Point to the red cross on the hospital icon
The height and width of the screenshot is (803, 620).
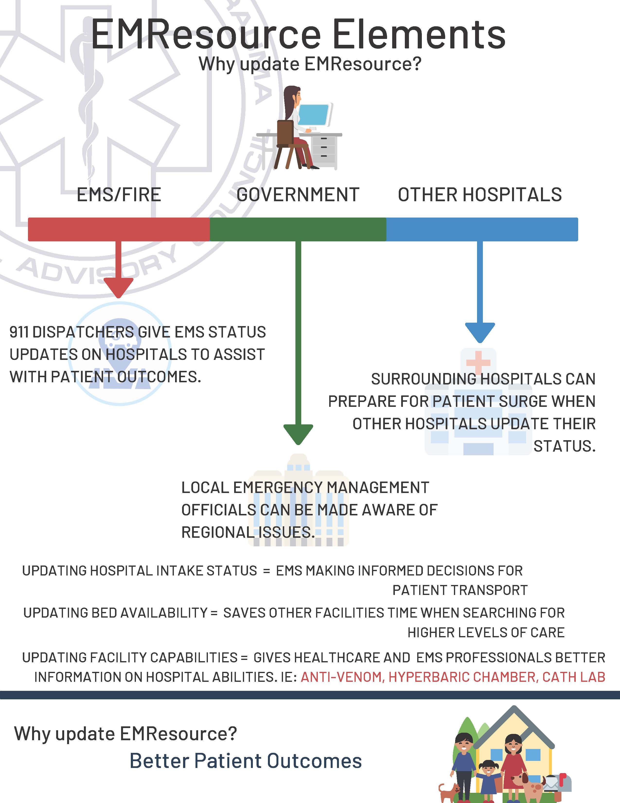(x=478, y=362)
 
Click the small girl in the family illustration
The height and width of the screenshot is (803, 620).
(x=488, y=781)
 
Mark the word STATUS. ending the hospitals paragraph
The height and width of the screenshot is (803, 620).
(x=565, y=446)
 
